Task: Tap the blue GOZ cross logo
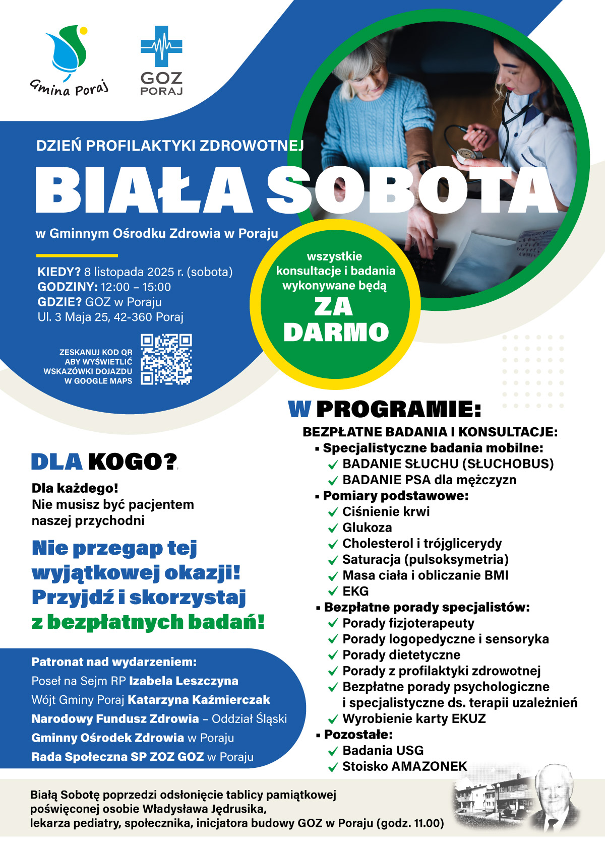pyautogui.click(x=161, y=46)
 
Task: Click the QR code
pyautogui.click(x=166, y=360)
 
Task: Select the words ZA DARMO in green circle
pyautogui.click(x=336, y=319)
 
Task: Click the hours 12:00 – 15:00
pyautogui.click(x=136, y=287)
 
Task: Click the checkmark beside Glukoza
pyautogui.click(x=333, y=529)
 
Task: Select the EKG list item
pyautogui.click(x=355, y=591)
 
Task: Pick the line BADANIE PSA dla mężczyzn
pyautogui.click(x=429, y=480)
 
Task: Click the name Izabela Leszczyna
pyautogui.click(x=184, y=681)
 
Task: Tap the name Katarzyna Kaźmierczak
pyautogui.click(x=199, y=700)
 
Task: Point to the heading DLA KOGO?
pyautogui.click(x=104, y=462)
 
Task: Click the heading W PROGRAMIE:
pyautogui.click(x=384, y=410)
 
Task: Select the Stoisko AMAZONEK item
pyautogui.click(x=404, y=766)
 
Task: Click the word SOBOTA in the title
pyautogui.click(x=411, y=190)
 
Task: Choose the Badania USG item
pyautogui.click(x=383, y=750)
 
